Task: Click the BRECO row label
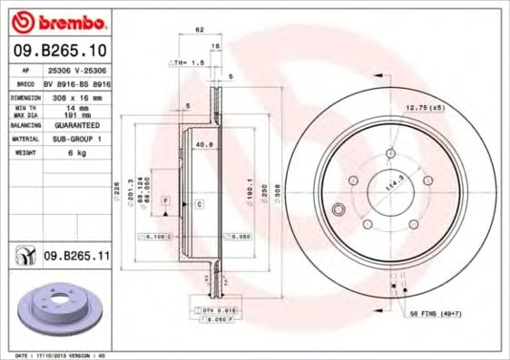point(25,82)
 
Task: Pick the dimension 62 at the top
point(199,30)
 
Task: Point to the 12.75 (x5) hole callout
point(424,108)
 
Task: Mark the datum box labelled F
point(165,199)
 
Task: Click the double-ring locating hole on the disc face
point(340,211)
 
